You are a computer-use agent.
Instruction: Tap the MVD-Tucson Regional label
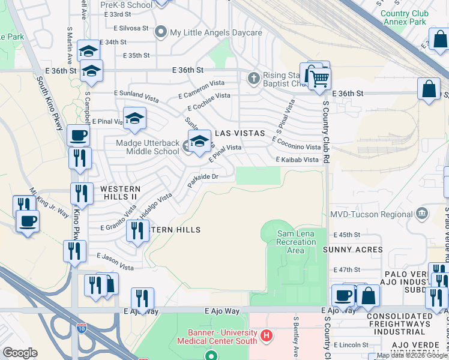coord(372,214)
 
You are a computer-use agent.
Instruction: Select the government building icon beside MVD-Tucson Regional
coord(422,214)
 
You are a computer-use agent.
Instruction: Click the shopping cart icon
coord(320,79)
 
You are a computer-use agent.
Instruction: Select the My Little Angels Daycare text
coord(216,32)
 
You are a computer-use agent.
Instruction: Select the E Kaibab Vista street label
coord(297,160)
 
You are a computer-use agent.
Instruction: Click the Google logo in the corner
coord(20,352)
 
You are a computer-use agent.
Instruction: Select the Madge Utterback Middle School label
coord(148,148)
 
